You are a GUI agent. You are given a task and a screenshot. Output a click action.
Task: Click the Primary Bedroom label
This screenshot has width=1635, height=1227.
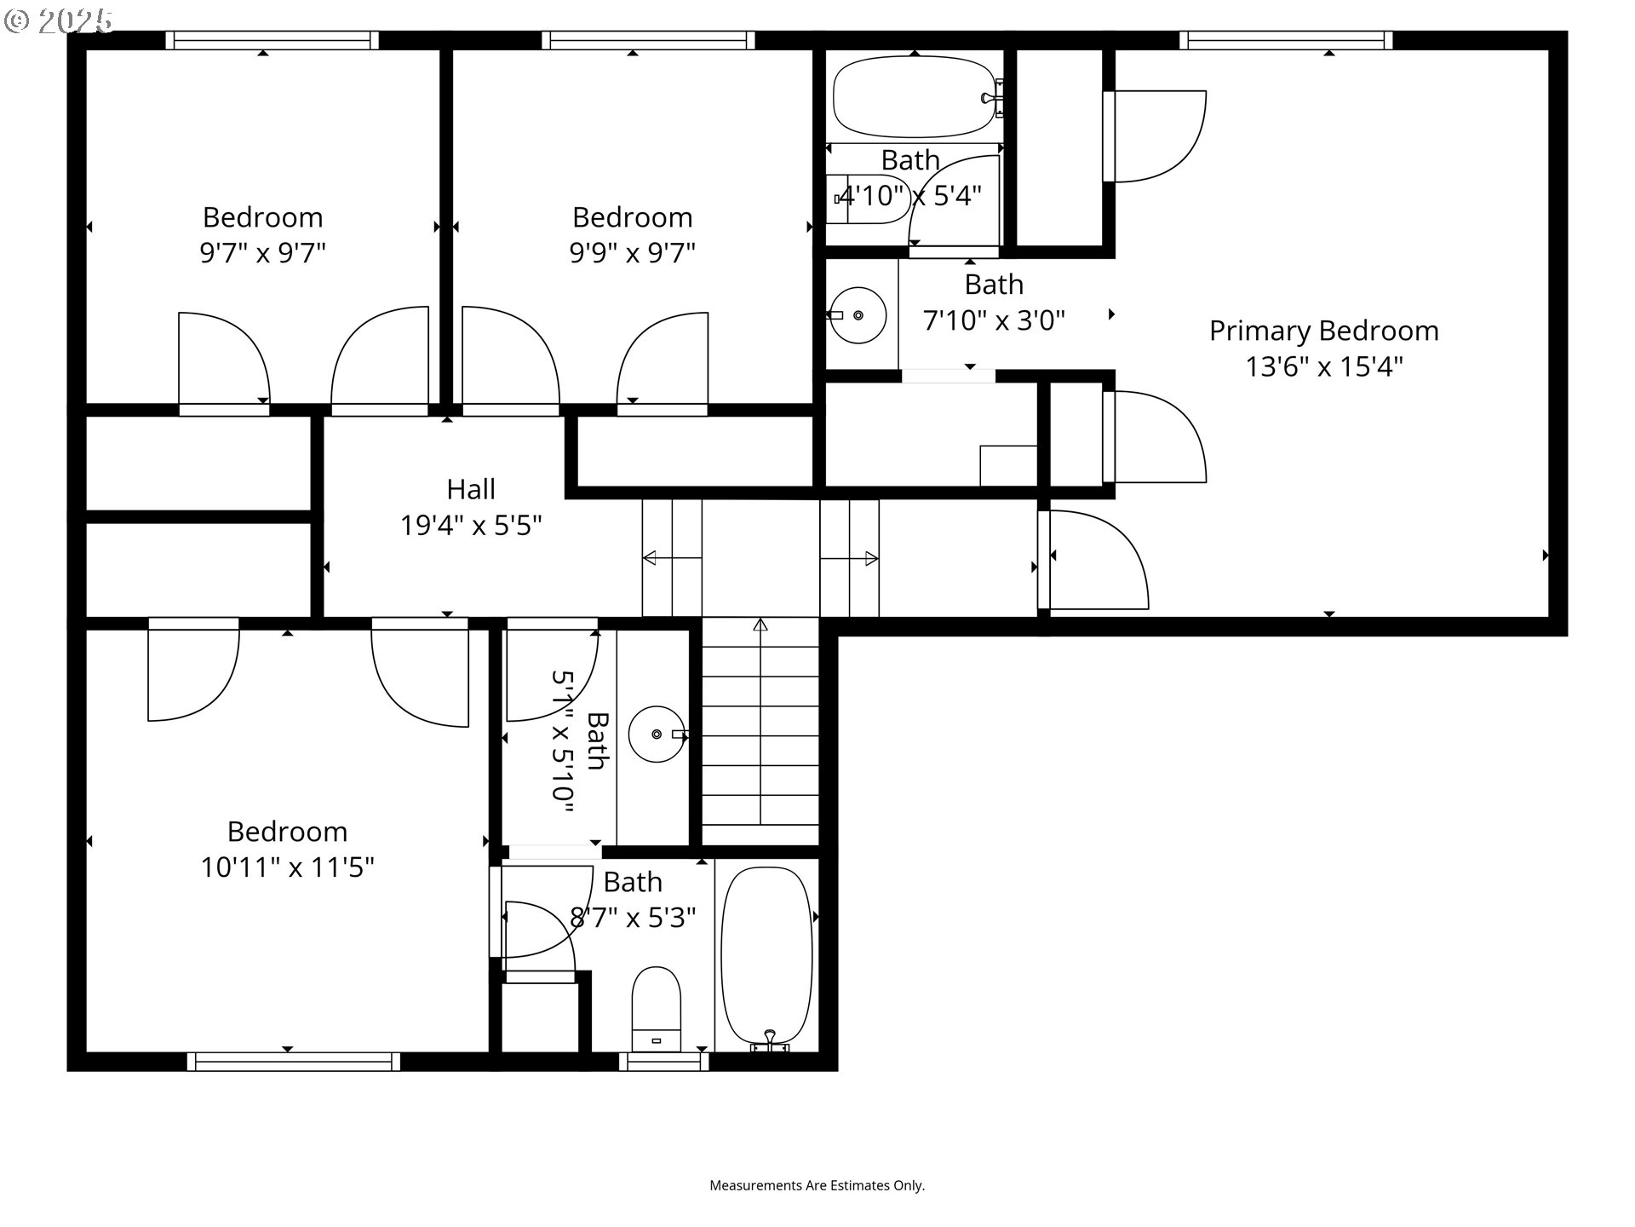[x=1323, y=331]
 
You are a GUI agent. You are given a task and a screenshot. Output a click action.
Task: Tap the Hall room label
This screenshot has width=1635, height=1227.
[x=471, y=489]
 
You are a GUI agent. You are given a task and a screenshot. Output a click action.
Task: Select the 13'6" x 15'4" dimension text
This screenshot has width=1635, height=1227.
[x=1323, y=366]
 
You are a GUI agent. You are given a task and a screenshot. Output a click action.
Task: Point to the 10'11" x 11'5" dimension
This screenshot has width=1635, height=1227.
[x=287, y=867]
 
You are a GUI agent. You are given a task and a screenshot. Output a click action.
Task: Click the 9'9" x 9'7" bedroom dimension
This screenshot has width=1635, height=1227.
[x=632, y=252]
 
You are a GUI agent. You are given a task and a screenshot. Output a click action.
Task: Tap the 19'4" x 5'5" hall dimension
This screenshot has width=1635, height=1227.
[x=471, y=525]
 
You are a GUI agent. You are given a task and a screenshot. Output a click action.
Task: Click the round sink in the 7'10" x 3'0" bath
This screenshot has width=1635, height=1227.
[x=858, y=315]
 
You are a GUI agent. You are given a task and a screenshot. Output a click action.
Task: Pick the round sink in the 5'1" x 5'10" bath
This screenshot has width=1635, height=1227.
[x=657, y=734]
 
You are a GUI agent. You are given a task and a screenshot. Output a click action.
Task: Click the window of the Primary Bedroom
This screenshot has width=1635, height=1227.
[x=1286, y=40]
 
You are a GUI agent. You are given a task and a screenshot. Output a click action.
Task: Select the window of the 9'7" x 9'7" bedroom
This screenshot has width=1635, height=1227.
[x=272, y=40]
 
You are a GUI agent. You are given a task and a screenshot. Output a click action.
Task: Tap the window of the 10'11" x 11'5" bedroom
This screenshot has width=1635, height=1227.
[x=294, y=1062]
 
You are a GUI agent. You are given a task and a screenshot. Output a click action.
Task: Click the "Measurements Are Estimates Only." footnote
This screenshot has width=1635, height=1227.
[x=817, y=1185]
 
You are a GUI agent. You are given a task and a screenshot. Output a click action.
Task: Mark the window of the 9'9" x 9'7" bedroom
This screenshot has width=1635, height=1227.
[x=648, y=40]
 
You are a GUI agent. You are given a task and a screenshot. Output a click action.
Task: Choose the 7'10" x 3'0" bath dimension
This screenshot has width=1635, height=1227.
[x=994, y=320]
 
